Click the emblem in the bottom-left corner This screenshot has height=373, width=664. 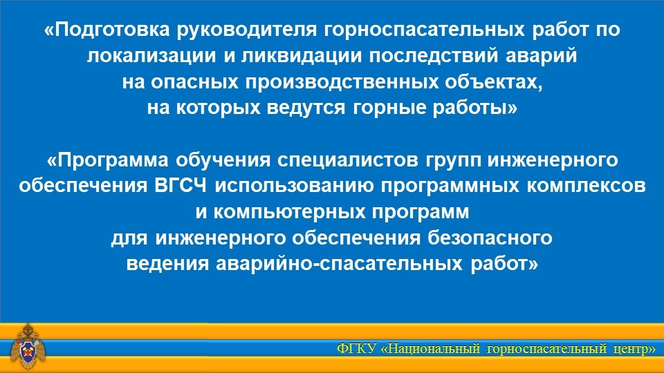point(28,346)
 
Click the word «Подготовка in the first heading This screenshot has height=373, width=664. point(107,30)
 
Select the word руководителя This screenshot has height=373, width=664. point(247,30)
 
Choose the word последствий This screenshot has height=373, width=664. point(433,56)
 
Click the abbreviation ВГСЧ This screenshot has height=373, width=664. point(181,186)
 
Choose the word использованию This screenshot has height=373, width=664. point(295,186)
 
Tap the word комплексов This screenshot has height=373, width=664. point(587,186)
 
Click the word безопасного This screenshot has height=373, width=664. point(490,238)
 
